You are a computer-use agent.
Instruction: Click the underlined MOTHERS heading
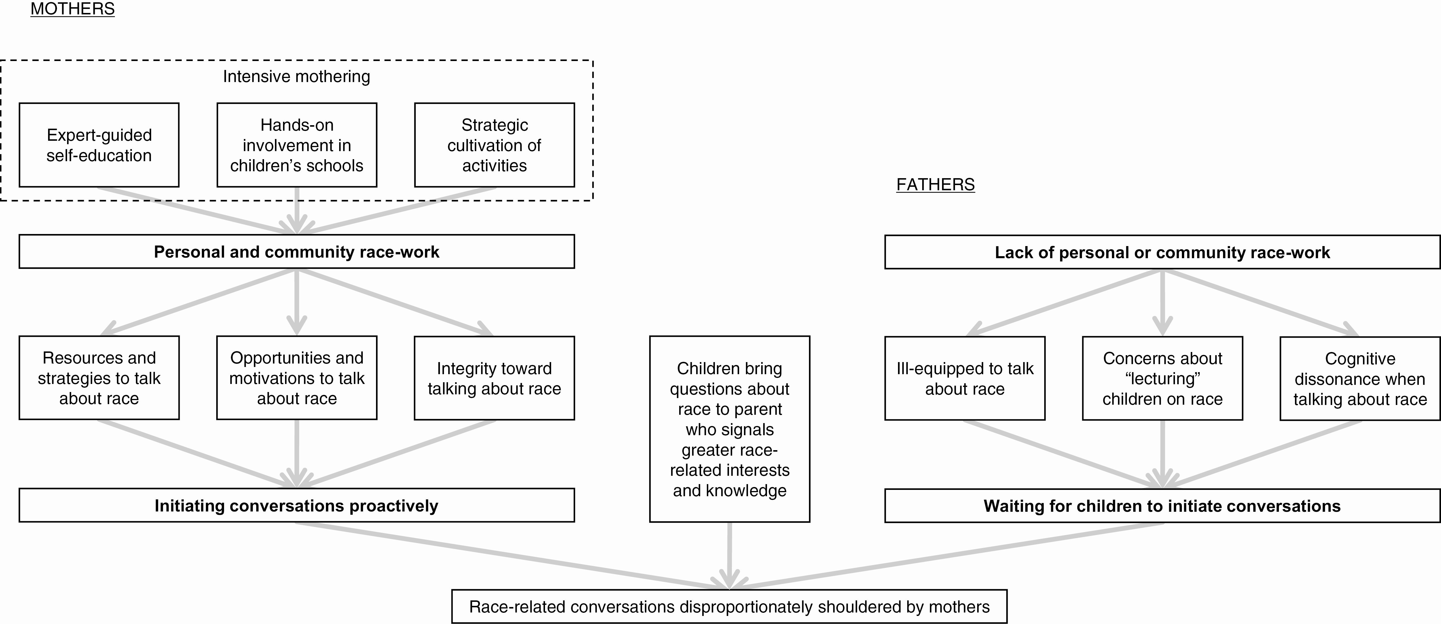pos(73,9)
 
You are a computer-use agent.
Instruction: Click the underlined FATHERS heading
pos(935,184)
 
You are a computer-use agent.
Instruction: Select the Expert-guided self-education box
pos(99,145)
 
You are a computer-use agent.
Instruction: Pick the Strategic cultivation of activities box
pos(495,145)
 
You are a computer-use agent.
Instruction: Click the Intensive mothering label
pos(297,77)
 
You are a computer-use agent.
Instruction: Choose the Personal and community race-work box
pos(297,252)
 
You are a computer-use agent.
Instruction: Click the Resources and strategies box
pos(99,378)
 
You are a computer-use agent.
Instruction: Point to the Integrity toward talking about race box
pos(495,378)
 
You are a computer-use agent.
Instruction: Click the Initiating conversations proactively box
pos(297,505)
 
